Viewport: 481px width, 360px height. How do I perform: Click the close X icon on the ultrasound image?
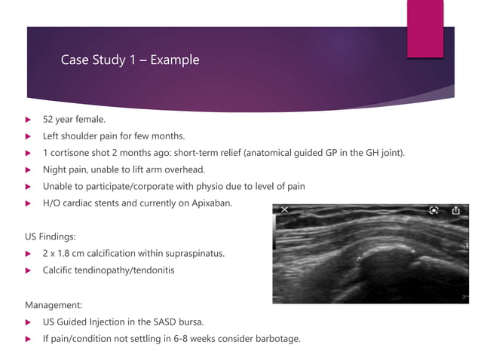[284, 211]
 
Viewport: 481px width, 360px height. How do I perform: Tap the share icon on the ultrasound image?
[455, 211]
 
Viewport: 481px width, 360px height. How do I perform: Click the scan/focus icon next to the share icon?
[434, 211]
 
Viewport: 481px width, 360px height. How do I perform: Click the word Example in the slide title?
[175, 59]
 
